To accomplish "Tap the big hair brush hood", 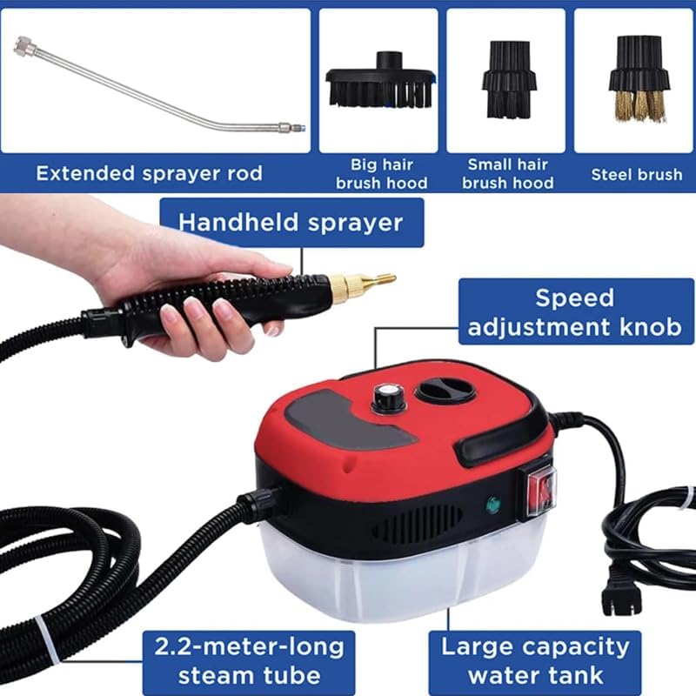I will coord(378,83).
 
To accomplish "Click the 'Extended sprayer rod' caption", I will coord(149,173).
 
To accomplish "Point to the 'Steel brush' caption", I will coord(637,174).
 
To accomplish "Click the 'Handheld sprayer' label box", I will coord(291,222).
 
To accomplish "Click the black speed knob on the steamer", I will coord(385,398).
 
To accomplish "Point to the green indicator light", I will coord(492,502).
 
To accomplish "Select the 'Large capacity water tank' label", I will coord(534,661).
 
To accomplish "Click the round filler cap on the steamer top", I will coord(445,389).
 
